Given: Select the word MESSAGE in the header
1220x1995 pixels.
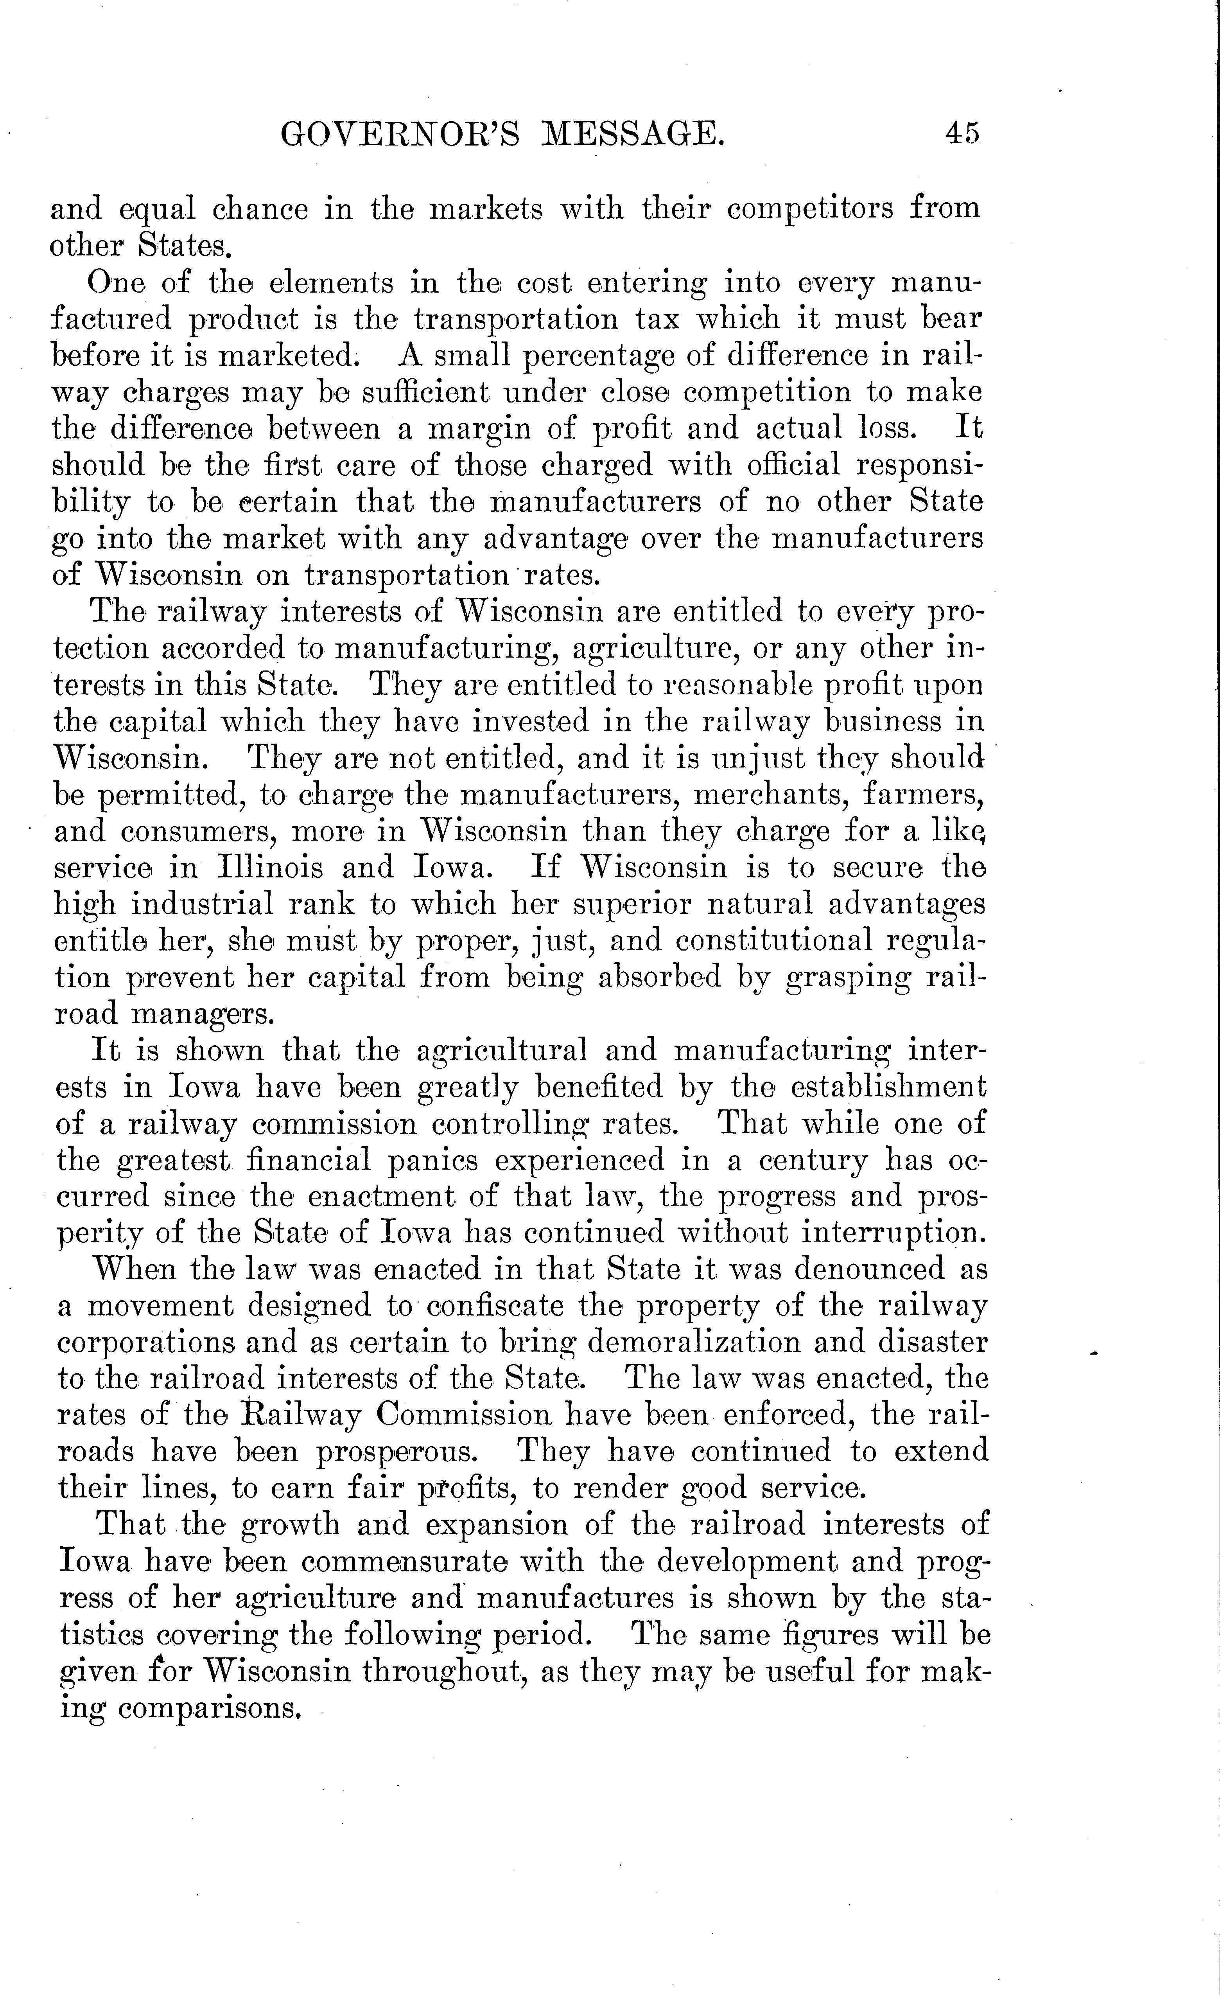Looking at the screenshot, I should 632,134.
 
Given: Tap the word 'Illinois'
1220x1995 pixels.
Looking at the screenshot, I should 271,867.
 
